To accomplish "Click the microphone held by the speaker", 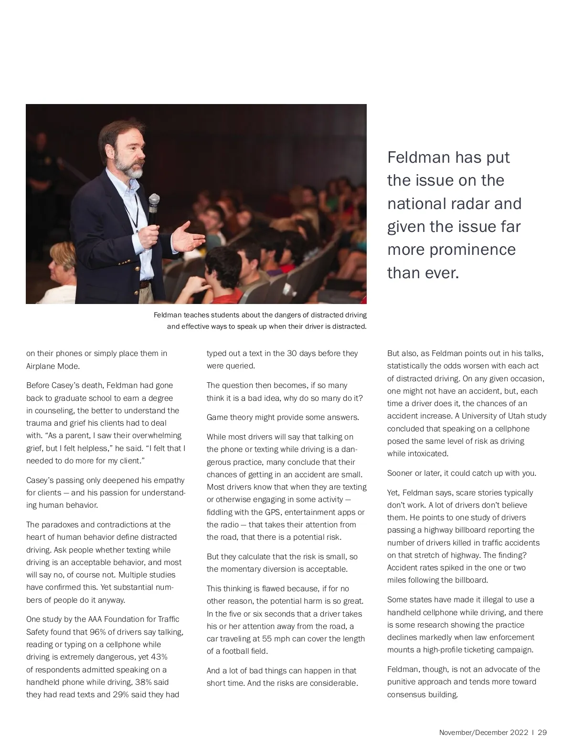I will click(x=153, y=205).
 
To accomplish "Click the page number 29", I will click(x=542, y=733).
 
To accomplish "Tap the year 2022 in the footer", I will click(x=519, y=733).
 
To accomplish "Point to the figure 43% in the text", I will click(x=159, y=657).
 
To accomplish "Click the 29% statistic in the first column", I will click(x=121, y=694).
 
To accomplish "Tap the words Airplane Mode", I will click(x=53, y=366).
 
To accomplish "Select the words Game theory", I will click(x=229, y=417).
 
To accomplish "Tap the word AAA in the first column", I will click(x=95, y=619).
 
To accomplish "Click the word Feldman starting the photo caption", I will click(x=168, y=315).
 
